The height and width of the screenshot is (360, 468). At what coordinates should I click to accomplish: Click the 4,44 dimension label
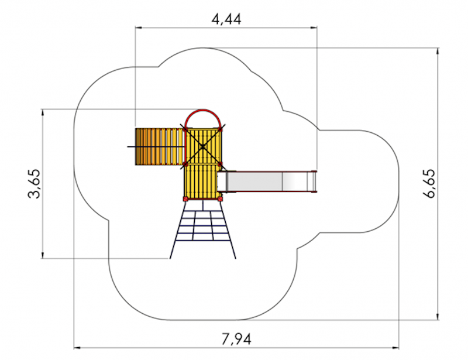(226, 19)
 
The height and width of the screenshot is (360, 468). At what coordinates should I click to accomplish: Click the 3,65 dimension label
(34, 184)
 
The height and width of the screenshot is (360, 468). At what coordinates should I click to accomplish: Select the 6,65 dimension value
(429, 184)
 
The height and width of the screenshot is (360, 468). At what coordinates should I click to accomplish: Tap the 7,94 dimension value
(236, 340)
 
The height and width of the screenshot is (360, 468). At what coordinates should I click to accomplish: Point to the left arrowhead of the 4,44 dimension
(139, 28)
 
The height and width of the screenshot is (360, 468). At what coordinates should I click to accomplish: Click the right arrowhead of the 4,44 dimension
(314, 28)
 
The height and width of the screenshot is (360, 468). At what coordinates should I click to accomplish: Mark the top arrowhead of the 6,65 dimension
(438, 51)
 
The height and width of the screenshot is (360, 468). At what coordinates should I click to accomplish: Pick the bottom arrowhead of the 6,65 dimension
(438, 317)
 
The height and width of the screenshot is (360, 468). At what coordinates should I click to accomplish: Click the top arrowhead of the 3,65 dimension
(43, 112)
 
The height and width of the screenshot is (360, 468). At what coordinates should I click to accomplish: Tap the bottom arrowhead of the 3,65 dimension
(43, 255)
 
